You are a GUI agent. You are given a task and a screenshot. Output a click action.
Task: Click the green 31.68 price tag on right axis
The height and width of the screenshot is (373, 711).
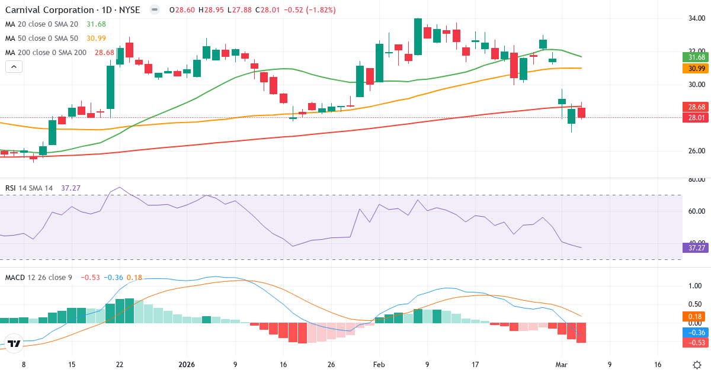(693, 57)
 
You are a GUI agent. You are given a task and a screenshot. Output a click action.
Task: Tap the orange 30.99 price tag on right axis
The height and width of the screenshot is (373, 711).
(693, 68)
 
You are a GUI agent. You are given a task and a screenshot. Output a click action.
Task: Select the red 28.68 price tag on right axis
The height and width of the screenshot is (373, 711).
(693, 107)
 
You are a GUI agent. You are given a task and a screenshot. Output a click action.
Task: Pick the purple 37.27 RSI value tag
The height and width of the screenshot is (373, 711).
(693, 247)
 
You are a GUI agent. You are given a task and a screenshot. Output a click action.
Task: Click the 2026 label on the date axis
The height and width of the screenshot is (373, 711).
(188, 365)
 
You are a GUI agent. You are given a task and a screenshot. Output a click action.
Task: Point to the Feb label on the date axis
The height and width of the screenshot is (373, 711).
(379, 365)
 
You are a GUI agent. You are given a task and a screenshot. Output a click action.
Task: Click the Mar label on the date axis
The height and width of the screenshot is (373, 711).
(561, 365)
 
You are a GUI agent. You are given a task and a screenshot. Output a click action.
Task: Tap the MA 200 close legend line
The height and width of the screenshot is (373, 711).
(46, 53)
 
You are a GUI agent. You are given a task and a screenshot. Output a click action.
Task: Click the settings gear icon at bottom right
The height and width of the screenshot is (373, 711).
(697, 365)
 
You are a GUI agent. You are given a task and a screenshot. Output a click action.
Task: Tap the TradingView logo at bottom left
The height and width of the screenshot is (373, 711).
(14, 343)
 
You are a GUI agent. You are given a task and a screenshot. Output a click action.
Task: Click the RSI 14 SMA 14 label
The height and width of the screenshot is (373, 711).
(30, 188)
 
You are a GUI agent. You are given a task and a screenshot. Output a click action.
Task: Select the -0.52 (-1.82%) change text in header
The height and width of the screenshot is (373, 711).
(312, 10)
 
